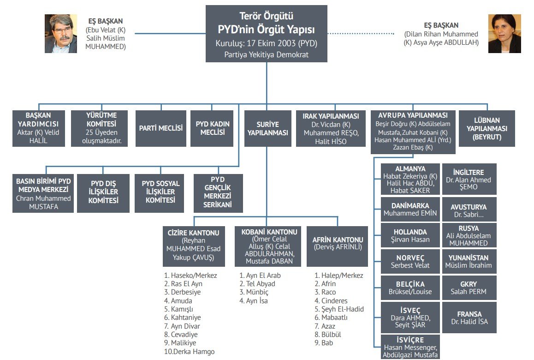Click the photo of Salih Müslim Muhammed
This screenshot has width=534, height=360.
(x=60, y=34)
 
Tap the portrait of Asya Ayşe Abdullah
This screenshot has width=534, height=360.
(x=504, y=34)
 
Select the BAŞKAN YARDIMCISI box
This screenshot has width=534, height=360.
(x=39, y=128)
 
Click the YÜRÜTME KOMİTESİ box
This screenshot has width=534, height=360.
(x=100, y=128)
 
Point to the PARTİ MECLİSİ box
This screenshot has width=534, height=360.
(x=161, y=128)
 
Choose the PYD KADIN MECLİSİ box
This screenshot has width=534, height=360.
(x=213, y=128)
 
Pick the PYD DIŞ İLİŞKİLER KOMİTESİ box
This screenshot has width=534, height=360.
(x=103, y=192)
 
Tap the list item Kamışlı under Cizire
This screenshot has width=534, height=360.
(x=182, y=309)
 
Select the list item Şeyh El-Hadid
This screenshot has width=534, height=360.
(x=339, y=309)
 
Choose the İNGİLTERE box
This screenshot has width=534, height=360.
(x=469, y=179)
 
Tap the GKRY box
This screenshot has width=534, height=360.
(x=469, y=288)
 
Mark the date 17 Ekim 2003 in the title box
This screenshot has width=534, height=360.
(x=272, y=44)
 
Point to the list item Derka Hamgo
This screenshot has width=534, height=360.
(x=189, y=352)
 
